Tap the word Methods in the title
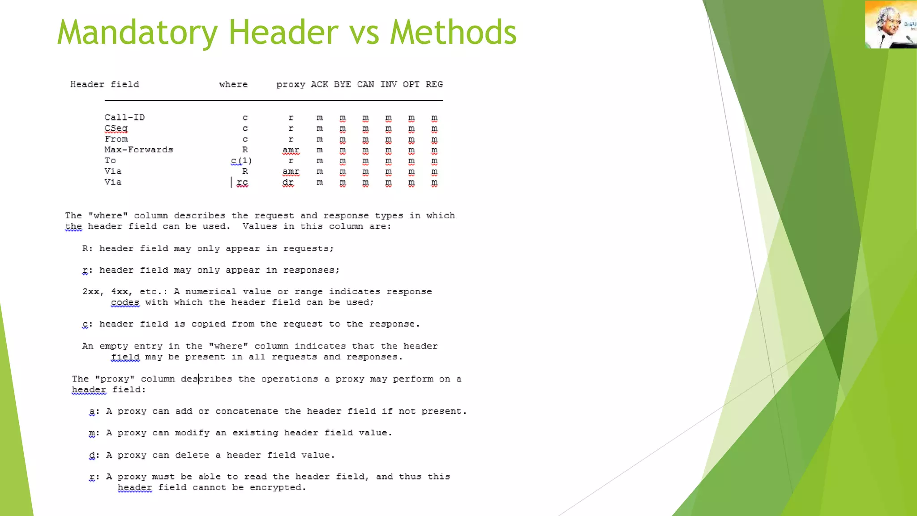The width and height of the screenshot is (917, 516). click(453, 32)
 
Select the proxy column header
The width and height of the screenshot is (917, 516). click(291, 85)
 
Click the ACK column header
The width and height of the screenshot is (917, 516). click(319, 85)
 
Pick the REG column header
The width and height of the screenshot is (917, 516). click(434, 85)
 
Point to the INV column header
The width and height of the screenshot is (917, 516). click(388, 85)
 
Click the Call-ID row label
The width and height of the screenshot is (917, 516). click(124, 117)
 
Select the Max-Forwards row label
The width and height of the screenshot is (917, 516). click(139, 150)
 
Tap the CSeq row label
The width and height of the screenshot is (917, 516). click(116, 129)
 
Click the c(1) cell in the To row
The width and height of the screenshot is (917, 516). click(241, 161)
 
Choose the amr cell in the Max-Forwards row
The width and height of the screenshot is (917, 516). click(291, 150)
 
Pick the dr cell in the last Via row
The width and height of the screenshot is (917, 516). click(288, 182)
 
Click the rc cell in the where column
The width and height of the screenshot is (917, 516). click(242, 182)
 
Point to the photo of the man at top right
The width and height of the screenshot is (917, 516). click(890, 25)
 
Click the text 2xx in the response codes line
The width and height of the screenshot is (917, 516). click(91, 292)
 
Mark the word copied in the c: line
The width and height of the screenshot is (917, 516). click(208, 324)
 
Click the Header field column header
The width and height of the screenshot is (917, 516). click(104, 85)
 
